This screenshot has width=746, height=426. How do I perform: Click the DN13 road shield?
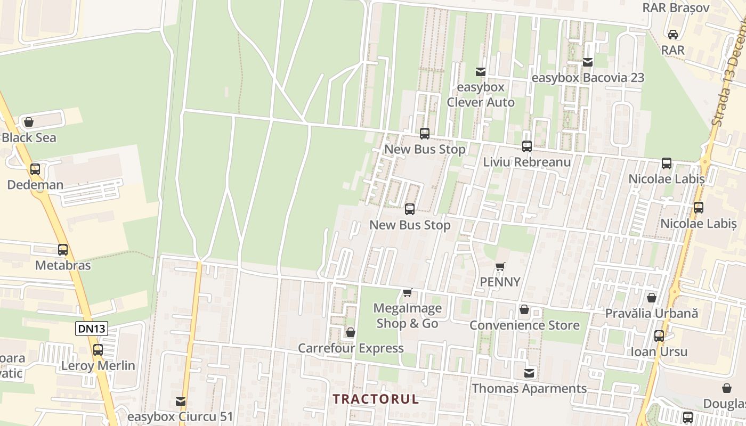tap(92, 329)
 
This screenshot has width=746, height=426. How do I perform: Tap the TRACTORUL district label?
tap(376, 399)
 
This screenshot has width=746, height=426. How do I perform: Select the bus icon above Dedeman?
tap(35, 169)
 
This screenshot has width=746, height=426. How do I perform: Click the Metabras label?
tap(63, 265)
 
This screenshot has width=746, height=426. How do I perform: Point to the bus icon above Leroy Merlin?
tap(98, 350)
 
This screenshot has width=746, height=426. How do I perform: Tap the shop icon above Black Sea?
tap(29, 122)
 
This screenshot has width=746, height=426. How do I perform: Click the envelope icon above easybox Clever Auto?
tap(481, 72)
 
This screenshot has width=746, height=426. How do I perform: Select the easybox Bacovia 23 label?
tap(588, 78)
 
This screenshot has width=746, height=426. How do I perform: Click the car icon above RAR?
tap(673, 35)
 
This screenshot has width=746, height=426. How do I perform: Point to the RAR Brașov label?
tap(676, 8)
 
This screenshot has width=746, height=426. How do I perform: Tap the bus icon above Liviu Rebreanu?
tap(527, 146)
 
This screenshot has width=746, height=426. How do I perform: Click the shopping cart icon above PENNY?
tap(500, 266)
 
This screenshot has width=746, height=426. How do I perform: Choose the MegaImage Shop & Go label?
tap(408, 316)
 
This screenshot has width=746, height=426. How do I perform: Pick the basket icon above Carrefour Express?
tap(351, 333)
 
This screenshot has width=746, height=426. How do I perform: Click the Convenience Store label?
tap(524, 325)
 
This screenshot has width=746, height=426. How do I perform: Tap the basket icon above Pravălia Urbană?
tap(651, 298)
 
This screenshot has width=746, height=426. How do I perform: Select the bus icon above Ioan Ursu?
tap(659, 336)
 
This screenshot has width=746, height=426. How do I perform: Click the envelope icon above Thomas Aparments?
tap(529, 373)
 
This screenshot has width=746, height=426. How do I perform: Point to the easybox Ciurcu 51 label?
tap(181, 416)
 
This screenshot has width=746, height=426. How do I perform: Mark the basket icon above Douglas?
tap(726, 388)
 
